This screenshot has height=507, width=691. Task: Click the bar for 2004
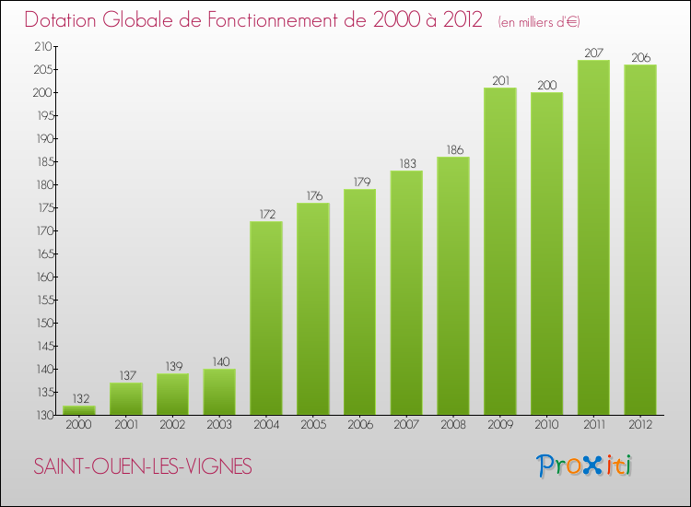click(265, 318)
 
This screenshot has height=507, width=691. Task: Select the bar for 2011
click(593, 237)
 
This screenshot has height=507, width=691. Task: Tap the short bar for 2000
click(78, 410)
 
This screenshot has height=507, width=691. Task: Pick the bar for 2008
click(452, 286)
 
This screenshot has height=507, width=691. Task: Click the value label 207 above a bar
click(593, 53)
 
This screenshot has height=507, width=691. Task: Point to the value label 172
click(265, 214)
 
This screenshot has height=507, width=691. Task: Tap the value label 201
click(499, 80)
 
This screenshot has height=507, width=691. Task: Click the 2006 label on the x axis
click(359, 425)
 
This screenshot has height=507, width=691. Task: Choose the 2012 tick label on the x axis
click(639, 425)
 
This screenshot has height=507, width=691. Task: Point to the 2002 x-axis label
click(172, 425)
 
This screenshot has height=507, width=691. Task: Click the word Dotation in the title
click(64, 20)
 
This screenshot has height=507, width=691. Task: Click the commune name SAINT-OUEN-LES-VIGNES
click(143, 466)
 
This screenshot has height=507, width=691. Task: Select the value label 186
click(452, 149)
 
